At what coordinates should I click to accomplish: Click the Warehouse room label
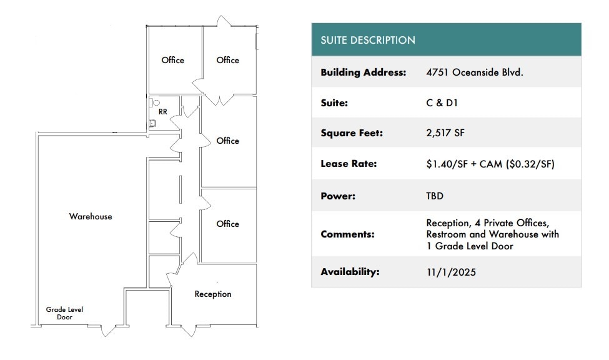pyautogui.click(x=91, y=216)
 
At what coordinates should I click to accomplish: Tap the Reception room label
pyautogui.click(x=213, y=294)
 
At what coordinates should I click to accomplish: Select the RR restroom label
pyautogui.click(x=163, y=112)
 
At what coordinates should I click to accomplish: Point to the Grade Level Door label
pyautogui.click(x=64, y=313)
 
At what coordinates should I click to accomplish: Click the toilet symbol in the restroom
pyautogui.click(x=154, y=103)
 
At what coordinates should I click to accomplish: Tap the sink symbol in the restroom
pyautogui.click(x=152, y=124)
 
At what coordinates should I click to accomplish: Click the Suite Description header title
pyautogui.click(x=368, y=40)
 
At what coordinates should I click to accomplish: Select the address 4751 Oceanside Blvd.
pyautogui.click(x=475, y=72)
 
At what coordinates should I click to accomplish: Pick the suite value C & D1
pyautogui.click(x=442, y=103)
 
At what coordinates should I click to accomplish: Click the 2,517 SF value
pyautogui.click(x=445, y=133)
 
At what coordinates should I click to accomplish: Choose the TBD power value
pyautogui.click(x=435, y=196)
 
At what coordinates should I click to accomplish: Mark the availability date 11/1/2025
pyautogui.click(x=451, y=272)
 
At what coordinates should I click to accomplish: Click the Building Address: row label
pyautogui.click(x=363, y=72)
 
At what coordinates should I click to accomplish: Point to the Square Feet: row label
pyautogui.click(x=352, y=133)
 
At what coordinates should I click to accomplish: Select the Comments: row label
pyautogui.click(x=347, y=234)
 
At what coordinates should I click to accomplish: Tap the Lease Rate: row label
pyautogui.click(x=349, y=164)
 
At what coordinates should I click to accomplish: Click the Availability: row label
pyautogui.click(x=350, y=272)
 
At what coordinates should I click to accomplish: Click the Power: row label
pyautogui.click(x=338, y=196)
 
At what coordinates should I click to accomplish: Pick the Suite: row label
pyautogui.click(x=334, y=103)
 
